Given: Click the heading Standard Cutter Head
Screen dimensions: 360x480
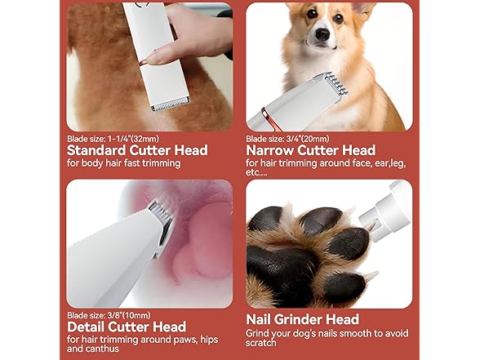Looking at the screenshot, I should tap(137, 150).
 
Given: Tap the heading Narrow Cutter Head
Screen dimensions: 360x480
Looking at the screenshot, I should tap(310, 150).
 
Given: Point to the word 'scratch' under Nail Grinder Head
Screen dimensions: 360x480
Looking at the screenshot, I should tap(264, 344).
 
